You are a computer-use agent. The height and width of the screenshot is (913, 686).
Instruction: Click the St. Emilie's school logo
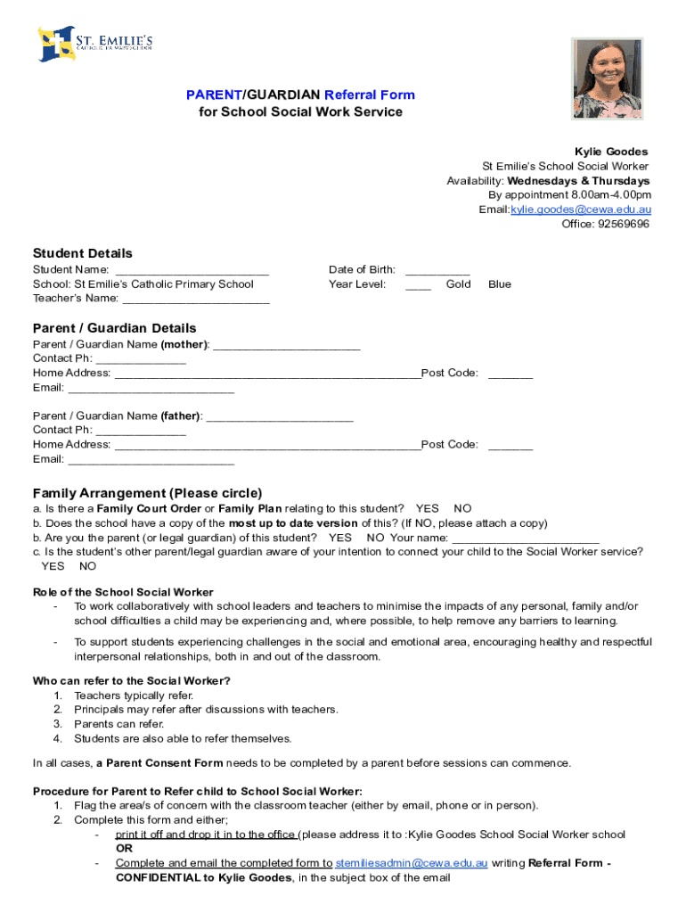[96, 44]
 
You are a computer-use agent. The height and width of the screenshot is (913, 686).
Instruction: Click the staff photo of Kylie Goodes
[607, 78]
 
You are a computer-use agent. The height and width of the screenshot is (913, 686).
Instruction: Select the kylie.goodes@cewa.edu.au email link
[580, 210]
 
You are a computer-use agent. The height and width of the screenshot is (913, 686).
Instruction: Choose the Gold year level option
[458, 284]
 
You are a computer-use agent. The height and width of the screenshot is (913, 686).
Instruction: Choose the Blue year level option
[500, 284]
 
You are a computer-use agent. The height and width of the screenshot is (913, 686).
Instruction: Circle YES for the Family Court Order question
[427, 509]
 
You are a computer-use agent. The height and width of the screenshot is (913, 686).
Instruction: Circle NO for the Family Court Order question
[462, 509]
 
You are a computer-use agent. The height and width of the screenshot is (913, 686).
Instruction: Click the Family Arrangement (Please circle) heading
[148, 493]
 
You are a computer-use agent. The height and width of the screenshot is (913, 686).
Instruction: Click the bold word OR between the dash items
[123, 849]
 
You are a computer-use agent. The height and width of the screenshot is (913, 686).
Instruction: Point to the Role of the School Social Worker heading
[123, 592]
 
